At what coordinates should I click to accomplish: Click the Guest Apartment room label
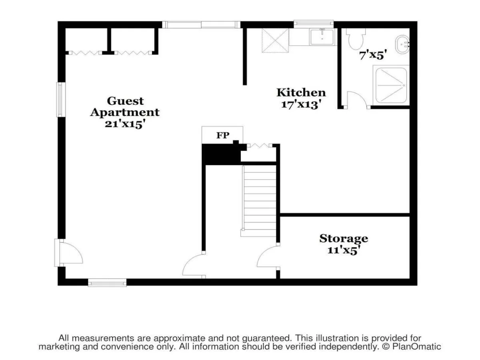(x=125, y=106)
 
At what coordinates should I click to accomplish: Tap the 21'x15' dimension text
(x=125, y=124)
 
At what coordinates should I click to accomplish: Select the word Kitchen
(x=301, y=92)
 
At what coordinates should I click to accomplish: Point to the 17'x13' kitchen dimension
(x=302, y=104)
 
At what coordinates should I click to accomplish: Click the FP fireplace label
(x=223, y=135)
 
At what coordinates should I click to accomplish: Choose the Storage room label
(x=344, y=239)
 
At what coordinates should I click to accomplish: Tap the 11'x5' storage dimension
(x=344, y=250)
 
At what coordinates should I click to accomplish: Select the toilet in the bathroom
(x=356, y=39)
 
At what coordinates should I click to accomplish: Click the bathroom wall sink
(x=402, y=44)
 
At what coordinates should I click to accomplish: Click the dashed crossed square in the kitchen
(x=276, y=40)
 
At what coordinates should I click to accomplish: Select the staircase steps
(x=259, y=201)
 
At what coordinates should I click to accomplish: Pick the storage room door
(x=268, y=256)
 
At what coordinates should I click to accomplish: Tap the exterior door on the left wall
(x=69, y=253)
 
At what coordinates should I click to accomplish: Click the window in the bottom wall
(x=107, y=283)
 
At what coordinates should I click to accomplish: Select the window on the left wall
(x=61, y=100)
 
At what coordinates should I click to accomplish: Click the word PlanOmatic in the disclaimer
(x=416, y=347)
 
